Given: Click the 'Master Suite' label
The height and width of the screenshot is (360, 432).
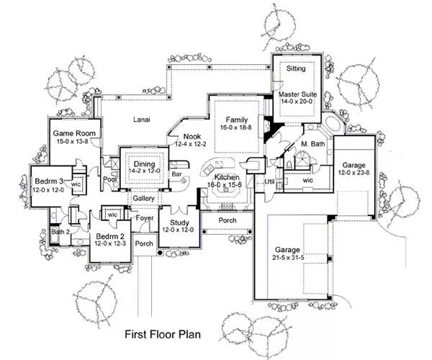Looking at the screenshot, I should coord(297,94).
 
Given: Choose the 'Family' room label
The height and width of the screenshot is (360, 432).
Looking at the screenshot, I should coord(236,119).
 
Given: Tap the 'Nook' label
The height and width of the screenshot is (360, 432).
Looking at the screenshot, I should coord(192,136).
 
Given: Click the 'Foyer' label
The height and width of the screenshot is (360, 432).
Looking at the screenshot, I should coord(145,216).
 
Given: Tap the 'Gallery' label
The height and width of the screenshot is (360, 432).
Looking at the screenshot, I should coord(144,198).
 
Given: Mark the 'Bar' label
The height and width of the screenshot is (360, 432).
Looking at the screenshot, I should coord(176,174).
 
